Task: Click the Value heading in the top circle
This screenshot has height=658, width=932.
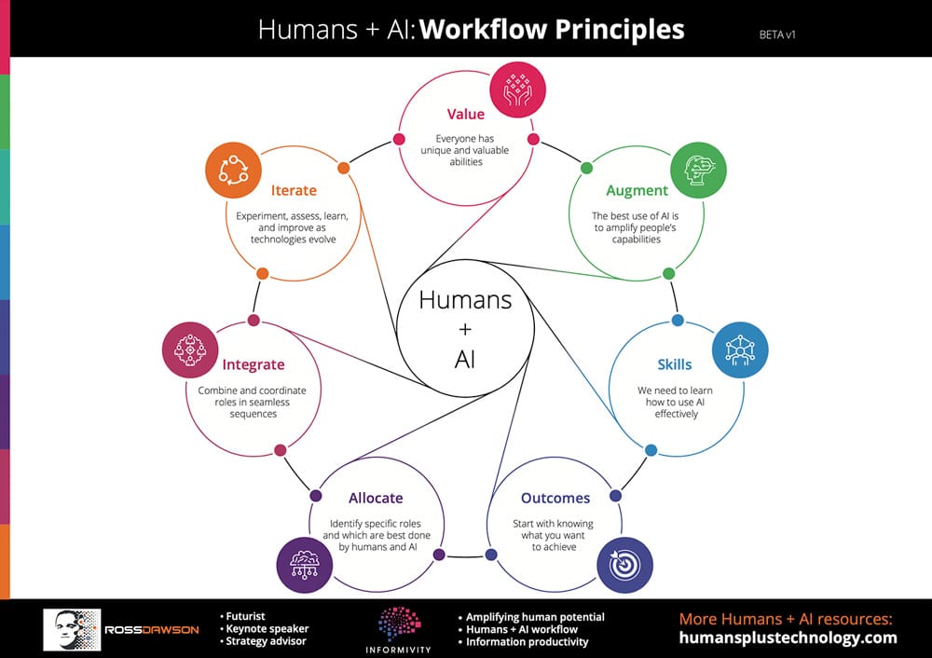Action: point(465,114)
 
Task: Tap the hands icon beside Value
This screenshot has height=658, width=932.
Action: point(517,89)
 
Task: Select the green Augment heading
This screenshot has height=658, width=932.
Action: point(637,191)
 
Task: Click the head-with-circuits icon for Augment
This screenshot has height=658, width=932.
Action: point(698,170)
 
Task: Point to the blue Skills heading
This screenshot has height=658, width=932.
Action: point(675,364)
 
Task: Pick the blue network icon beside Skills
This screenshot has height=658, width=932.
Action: point(740,350)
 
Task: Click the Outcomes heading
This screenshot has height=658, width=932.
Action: point(555,498)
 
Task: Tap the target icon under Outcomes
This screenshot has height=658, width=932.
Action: point(624,565)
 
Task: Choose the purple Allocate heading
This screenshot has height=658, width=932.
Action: point(376,498)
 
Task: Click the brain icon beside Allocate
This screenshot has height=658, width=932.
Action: point(305,565)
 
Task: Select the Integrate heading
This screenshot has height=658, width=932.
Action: point(254,365)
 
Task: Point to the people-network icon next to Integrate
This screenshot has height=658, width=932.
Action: point(190,350)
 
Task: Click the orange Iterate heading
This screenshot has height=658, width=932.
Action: point(294,190)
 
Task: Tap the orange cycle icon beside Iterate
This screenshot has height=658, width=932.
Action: point(234,170)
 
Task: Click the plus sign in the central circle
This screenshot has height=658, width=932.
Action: point(465,329)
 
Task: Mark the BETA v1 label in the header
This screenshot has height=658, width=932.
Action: point(777,35)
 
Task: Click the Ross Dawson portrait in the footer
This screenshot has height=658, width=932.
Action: point(72,629)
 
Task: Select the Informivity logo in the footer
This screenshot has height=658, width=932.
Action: point(398,630)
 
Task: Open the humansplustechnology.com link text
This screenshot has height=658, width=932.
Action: point(788,637)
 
